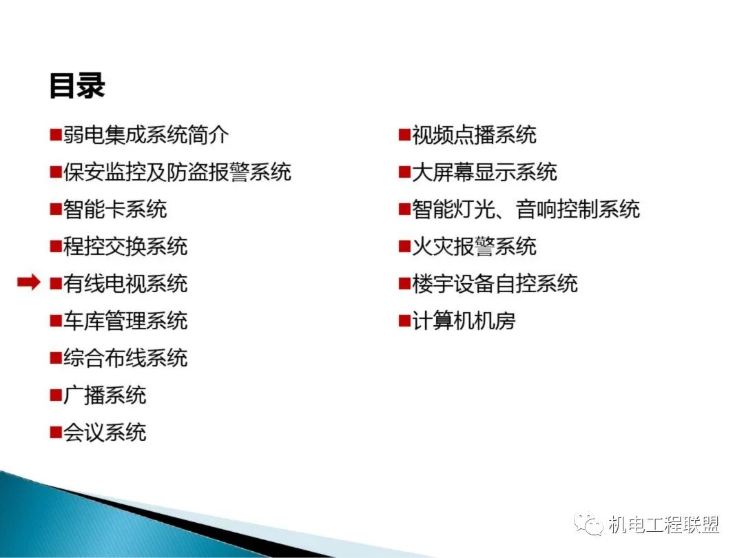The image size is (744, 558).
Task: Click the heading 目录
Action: [x=77, y=86]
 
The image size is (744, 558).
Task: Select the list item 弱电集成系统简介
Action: [x=146, y=135]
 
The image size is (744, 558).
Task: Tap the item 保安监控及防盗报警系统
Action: [x=178, y=172]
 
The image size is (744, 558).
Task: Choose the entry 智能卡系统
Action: [x=115, y=209]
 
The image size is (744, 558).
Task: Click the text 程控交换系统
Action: [x=126, y=246]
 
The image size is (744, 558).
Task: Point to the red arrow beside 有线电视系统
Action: [x=29, y=282]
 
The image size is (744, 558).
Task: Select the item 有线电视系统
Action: [x=126, y=283]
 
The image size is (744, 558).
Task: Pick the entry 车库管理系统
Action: [x=126, y=320]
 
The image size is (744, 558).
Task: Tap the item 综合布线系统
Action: [x=126, y=358]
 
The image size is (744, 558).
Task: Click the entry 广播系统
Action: [x=105, y=395]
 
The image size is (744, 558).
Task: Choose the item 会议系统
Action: [x=105, y=432]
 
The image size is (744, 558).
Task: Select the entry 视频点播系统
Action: [x=474, y=135]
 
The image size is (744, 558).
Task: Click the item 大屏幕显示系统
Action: [x=484, y=172]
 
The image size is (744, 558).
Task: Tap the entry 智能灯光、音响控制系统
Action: [x=526, y=209]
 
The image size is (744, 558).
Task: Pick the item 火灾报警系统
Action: [x=474, y=246]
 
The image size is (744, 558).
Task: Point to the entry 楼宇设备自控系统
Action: [x=495, y=283]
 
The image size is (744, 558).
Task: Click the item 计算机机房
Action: [x=464, y=320]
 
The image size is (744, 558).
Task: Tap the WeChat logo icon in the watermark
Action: [x=588, y=524]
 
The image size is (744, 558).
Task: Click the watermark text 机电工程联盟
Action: [x=664, y=525]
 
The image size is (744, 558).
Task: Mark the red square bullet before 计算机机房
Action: [x=404, y=321]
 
